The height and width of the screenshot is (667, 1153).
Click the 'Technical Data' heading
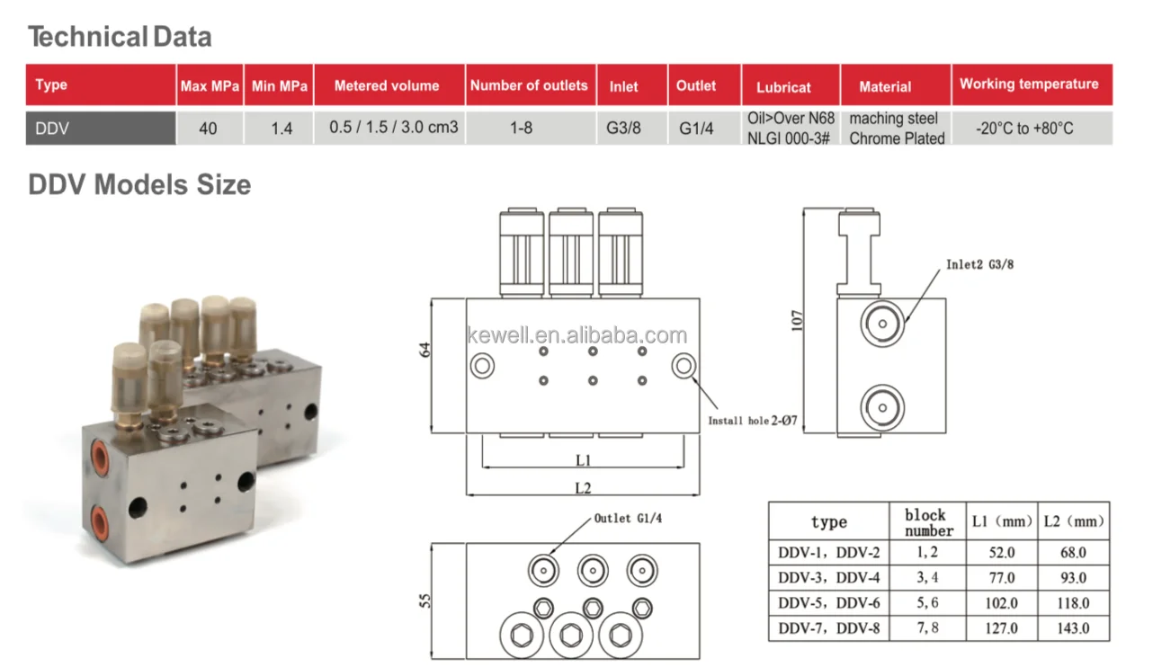[120, 37]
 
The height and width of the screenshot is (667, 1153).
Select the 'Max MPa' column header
[210, 86]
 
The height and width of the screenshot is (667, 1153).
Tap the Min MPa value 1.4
[282, 129]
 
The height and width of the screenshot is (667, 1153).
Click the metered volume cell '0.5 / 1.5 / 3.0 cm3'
[393, 128]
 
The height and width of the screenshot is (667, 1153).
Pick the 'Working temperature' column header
[1029, 84]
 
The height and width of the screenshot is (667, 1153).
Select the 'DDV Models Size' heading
[139, 184]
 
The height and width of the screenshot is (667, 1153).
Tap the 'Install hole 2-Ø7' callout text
[752, 421]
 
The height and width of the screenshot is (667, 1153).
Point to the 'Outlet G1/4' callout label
[630, 519]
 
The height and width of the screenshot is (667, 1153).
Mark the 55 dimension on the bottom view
[425, 600]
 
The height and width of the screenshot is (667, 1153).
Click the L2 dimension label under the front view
[583, 488]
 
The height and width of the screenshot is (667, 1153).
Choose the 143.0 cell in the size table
[1073, 628]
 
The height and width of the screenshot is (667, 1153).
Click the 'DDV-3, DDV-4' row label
[828, 578]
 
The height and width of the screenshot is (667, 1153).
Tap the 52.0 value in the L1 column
[1001, 553]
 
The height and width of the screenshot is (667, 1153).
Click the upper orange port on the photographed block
[98, 460]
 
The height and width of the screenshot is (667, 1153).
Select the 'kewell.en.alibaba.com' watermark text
[576, 336]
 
